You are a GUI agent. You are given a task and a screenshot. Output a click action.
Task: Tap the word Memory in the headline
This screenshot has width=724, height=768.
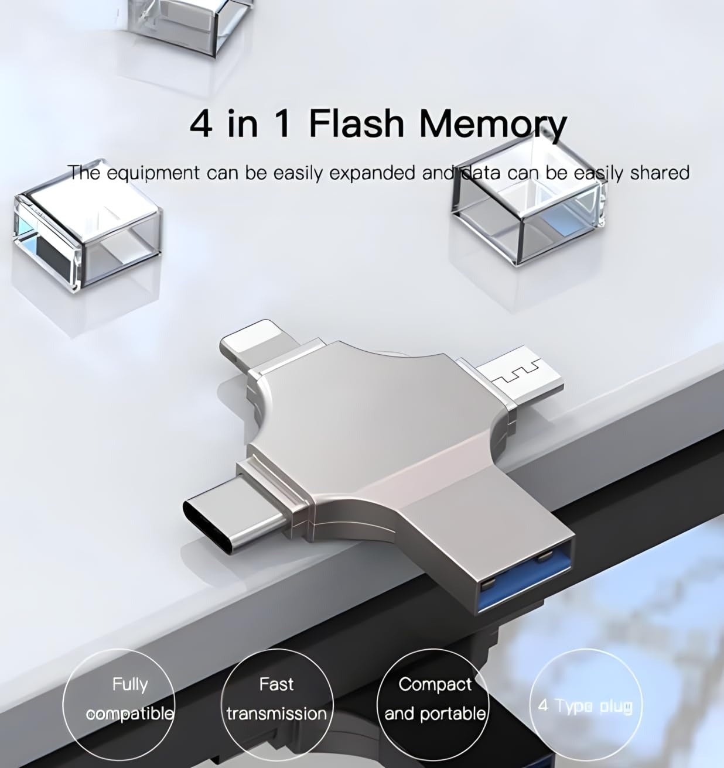point(493,125)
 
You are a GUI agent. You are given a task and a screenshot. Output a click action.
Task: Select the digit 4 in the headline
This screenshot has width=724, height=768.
point(202,124)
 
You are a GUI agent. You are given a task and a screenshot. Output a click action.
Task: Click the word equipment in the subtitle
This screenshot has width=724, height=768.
point(153,173)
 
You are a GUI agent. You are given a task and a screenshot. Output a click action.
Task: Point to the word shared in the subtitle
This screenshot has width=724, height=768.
point(660,173)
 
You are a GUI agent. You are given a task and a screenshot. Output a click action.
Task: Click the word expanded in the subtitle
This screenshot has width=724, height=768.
point(372,173)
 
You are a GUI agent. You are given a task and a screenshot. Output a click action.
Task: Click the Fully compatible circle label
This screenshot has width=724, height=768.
point(118,708)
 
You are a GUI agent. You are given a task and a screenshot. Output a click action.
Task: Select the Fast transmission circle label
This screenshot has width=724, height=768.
point(277,708)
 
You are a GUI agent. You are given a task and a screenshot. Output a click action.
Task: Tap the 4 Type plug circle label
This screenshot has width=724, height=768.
point(585,708)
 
